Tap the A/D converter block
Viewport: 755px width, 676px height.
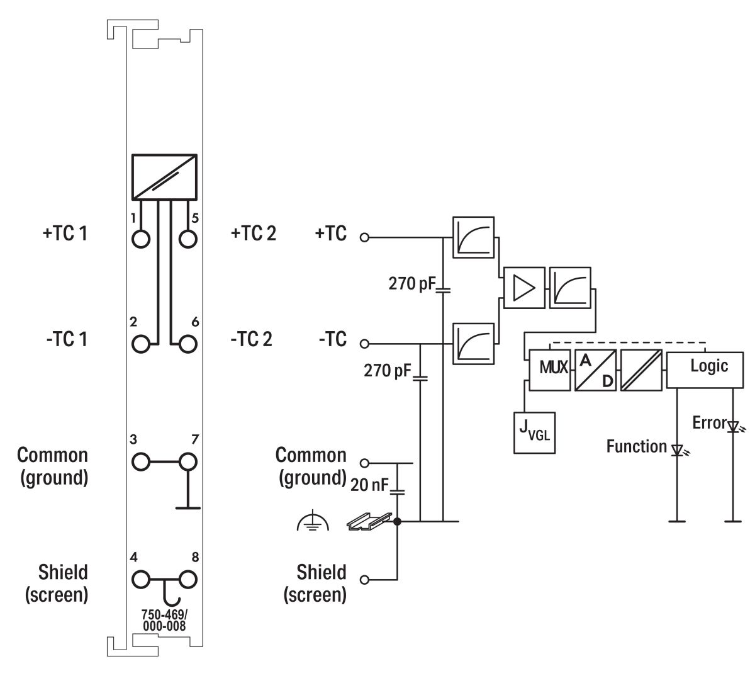pos(595,370)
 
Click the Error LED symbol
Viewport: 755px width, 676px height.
pos(732,427)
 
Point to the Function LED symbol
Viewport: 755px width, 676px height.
pos(678,451)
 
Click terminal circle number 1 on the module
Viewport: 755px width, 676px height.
pos(142,239)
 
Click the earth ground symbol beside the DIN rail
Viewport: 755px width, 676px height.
pos(313,522)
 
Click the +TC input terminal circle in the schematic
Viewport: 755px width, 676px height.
pos(364,238)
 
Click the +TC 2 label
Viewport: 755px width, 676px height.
pos(254,234)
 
